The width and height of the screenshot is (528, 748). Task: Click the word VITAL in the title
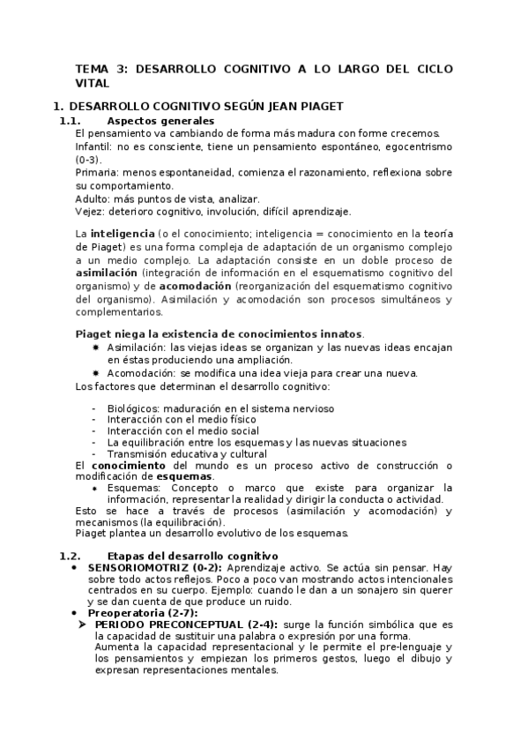(x=93, y=83)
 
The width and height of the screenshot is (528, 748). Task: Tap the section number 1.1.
(x=70, y=121)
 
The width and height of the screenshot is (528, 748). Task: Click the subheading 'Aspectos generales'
(x=160, y=121)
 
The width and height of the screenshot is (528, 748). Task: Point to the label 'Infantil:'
(x=93, y=146)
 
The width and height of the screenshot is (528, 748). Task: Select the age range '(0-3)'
(x=88, y=160)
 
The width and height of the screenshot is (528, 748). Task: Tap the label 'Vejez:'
(x=90, y=212)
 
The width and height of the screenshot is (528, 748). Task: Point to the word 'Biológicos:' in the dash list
(x=132, y=408)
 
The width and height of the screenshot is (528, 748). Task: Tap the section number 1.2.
(x=70, y=556)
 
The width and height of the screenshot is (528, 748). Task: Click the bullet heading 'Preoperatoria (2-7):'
(x=142, y=612)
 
